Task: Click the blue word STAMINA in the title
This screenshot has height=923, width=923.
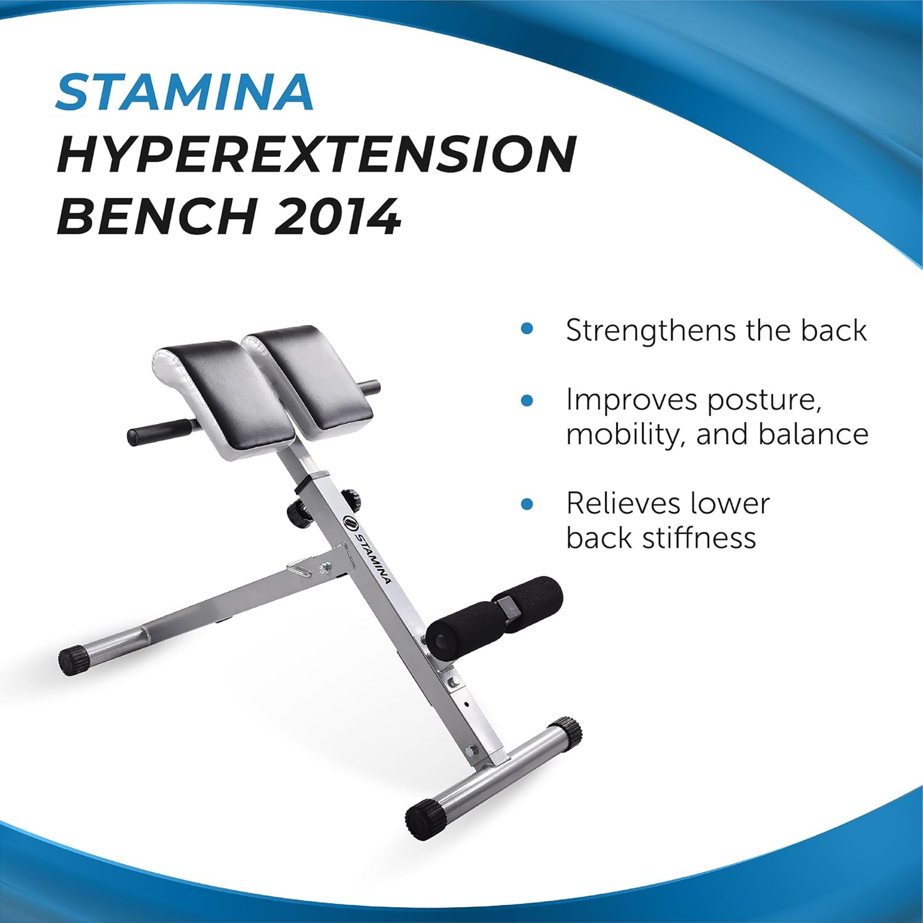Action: (185, 92)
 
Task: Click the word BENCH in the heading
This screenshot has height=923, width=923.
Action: (157, 217)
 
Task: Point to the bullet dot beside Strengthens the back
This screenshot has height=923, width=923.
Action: (527, 329)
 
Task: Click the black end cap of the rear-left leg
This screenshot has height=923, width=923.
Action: (73, 660)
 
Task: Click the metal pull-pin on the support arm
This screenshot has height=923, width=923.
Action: (302, 567)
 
